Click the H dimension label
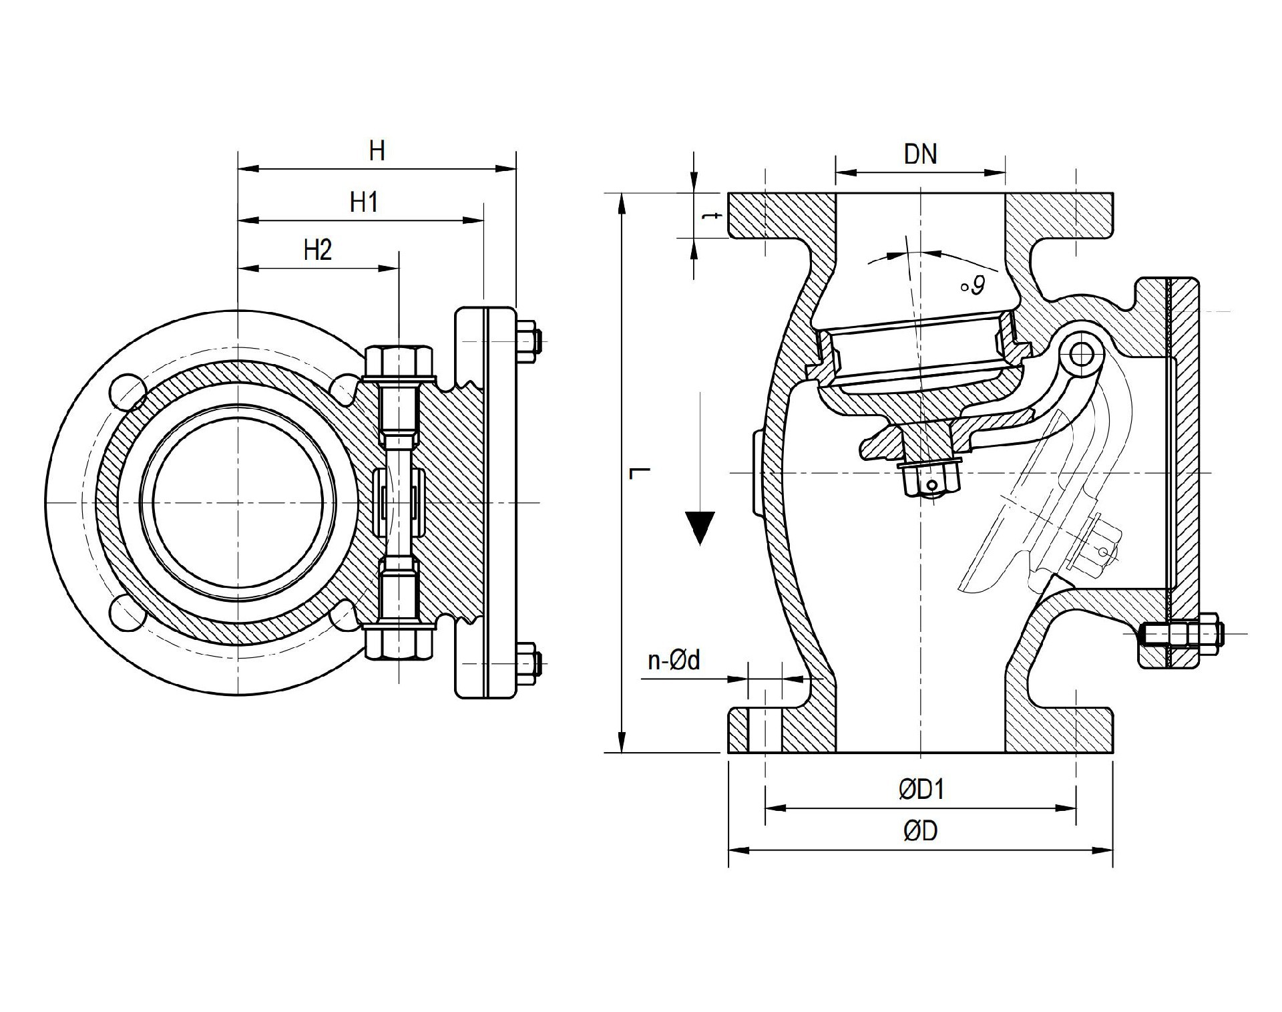click(377, 151)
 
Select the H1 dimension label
click(364, 201)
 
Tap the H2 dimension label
click(317, 250)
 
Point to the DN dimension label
click(920, 154)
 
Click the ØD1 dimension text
click(921, 790)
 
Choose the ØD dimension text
click(921, 831)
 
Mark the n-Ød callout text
click(674, 661)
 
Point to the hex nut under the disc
click(930, 480)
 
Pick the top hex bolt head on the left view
click(399, 362)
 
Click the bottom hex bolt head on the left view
click(399, 643)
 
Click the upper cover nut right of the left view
click(527, 343)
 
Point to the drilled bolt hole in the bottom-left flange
click(765, 730)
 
